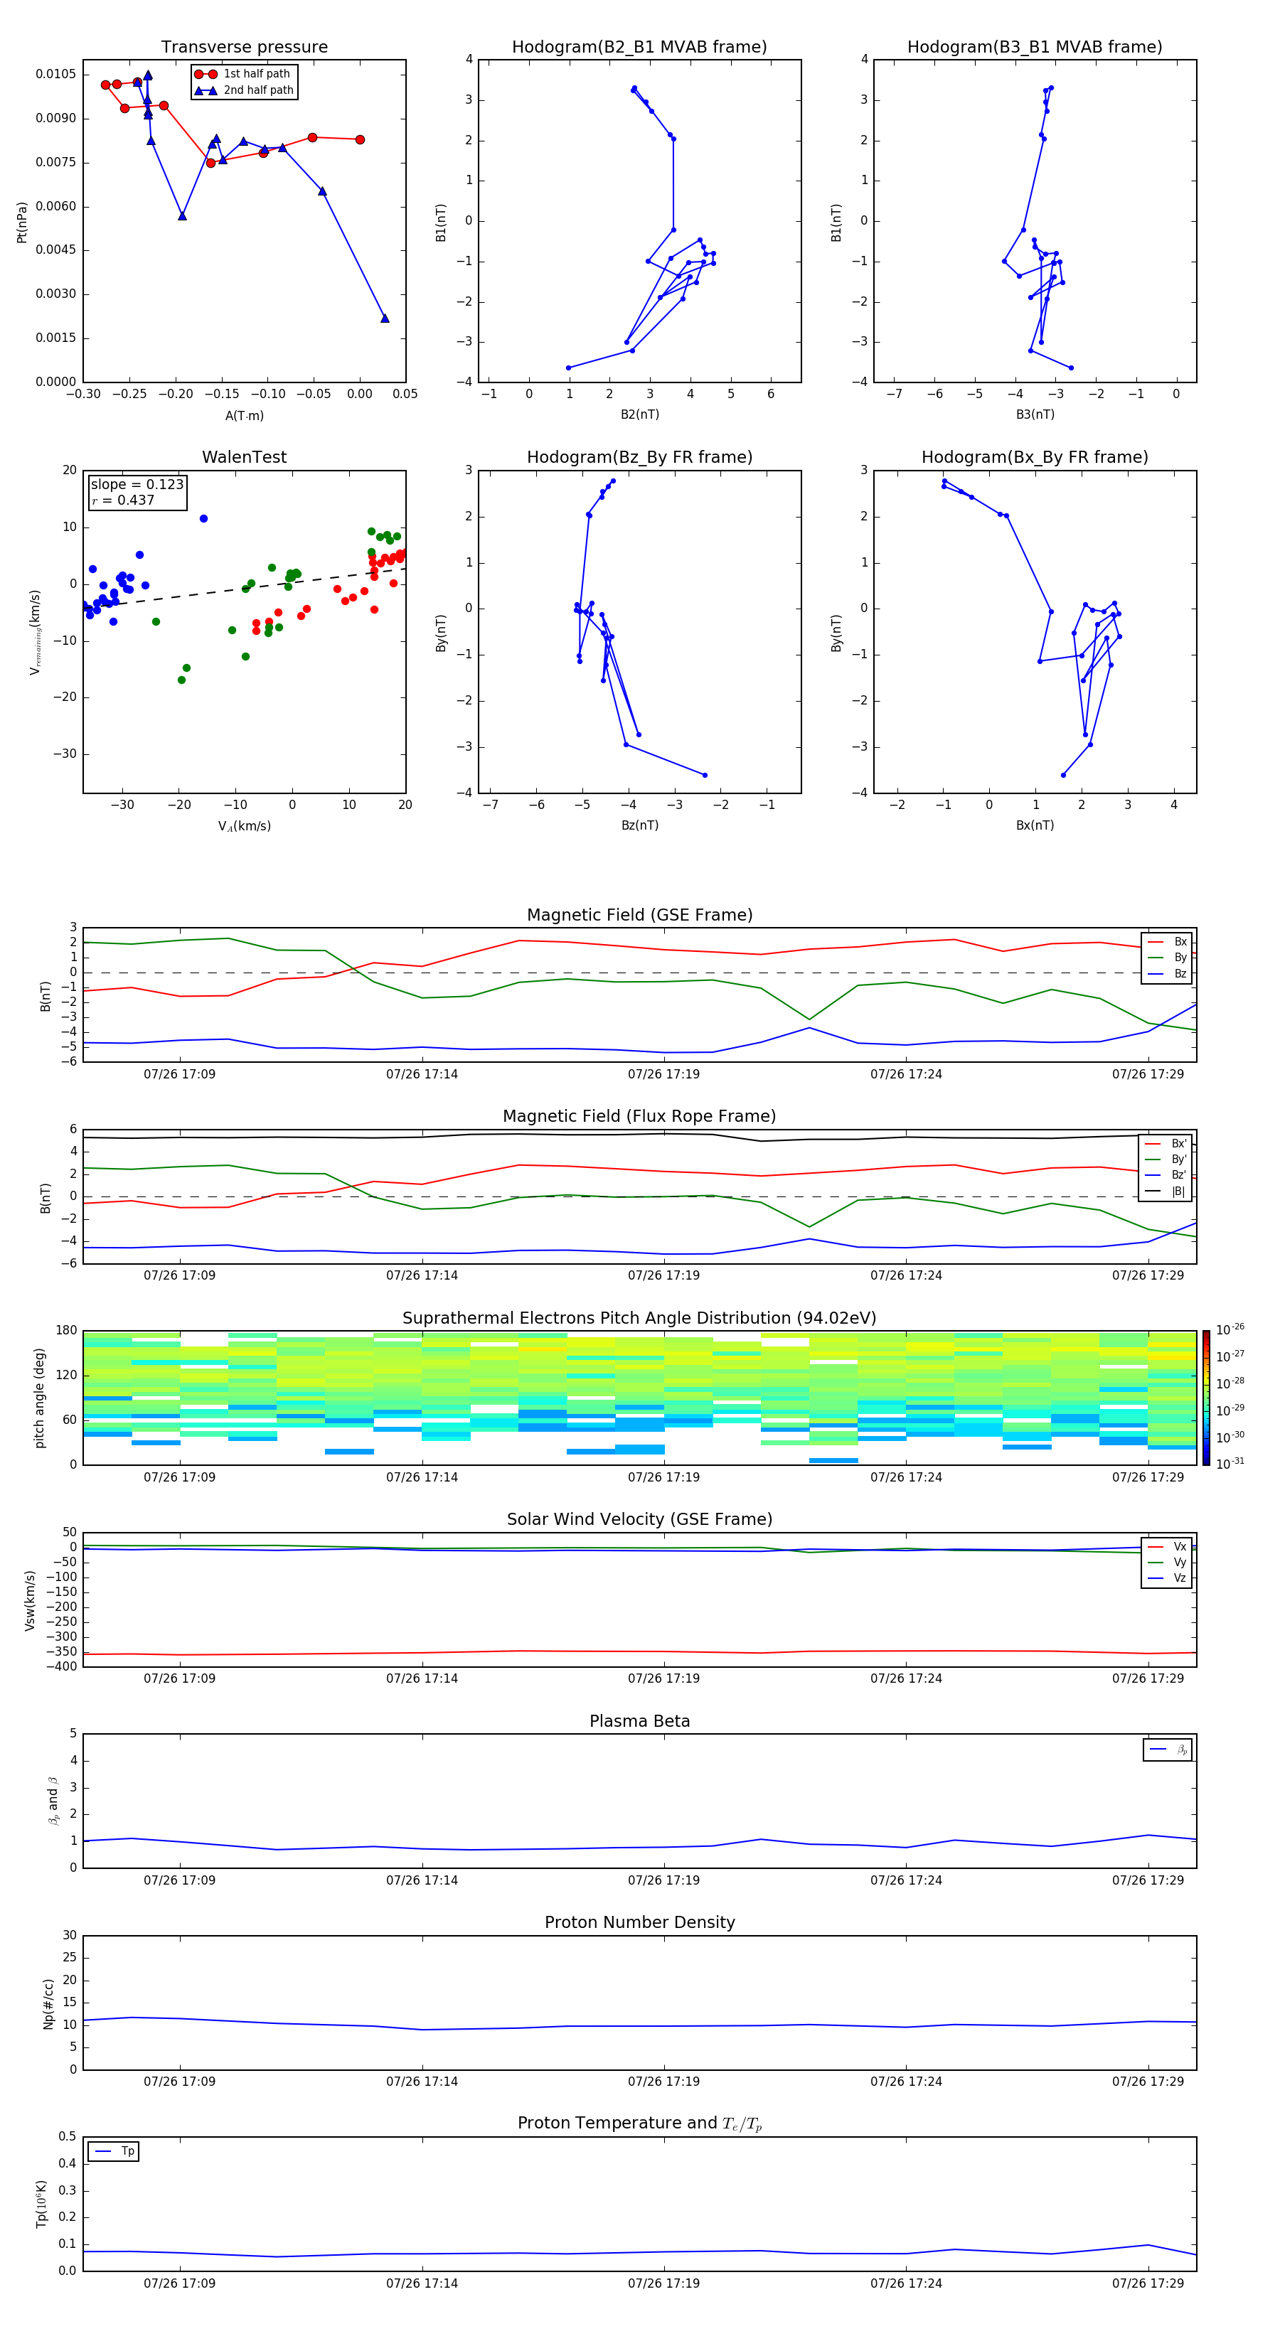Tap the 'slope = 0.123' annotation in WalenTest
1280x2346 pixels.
(x=137, y=485)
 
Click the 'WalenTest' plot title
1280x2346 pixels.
(x=244, y=457)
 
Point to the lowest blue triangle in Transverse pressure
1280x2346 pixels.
(x=385, y=318)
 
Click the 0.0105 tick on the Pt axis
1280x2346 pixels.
(x=55, y=74)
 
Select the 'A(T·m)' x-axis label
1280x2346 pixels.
(x=244, y=416)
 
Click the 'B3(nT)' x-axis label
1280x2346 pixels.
(x=1035, y=414)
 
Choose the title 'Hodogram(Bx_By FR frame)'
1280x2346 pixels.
(x=1034, y=457)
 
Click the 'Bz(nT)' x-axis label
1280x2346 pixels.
(x=639, y=825)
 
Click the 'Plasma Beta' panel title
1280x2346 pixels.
(x=639, y=1721)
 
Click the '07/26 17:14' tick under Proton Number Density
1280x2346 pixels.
(x=422, y=2081)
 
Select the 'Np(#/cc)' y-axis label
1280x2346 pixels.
(x=48, y=2003)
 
